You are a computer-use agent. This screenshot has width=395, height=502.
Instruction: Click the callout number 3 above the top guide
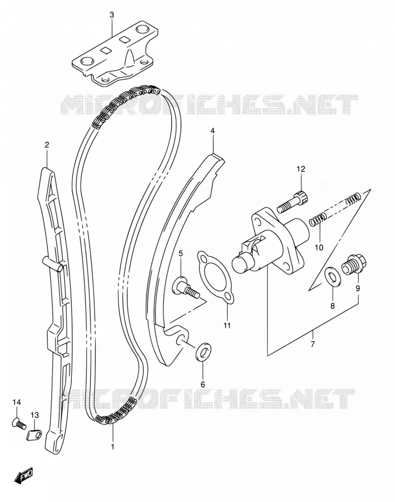(x=111, y=15)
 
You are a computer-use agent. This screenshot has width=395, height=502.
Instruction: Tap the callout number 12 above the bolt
(x=301, y=169)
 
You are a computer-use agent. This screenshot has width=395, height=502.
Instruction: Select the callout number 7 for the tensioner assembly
(x=313, y=344)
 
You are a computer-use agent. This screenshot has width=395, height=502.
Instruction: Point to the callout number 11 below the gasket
(x=227, y=325)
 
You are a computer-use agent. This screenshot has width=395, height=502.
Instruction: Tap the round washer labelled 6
(x=204, y=352)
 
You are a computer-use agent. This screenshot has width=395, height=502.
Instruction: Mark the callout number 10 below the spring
(x=319, y=247)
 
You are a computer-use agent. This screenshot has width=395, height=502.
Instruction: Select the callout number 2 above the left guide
(x=47, y=145)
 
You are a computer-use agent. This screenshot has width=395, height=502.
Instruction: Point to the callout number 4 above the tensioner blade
(x=212, y=131)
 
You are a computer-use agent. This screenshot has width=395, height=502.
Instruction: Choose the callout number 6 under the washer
(x=202, y=384)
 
